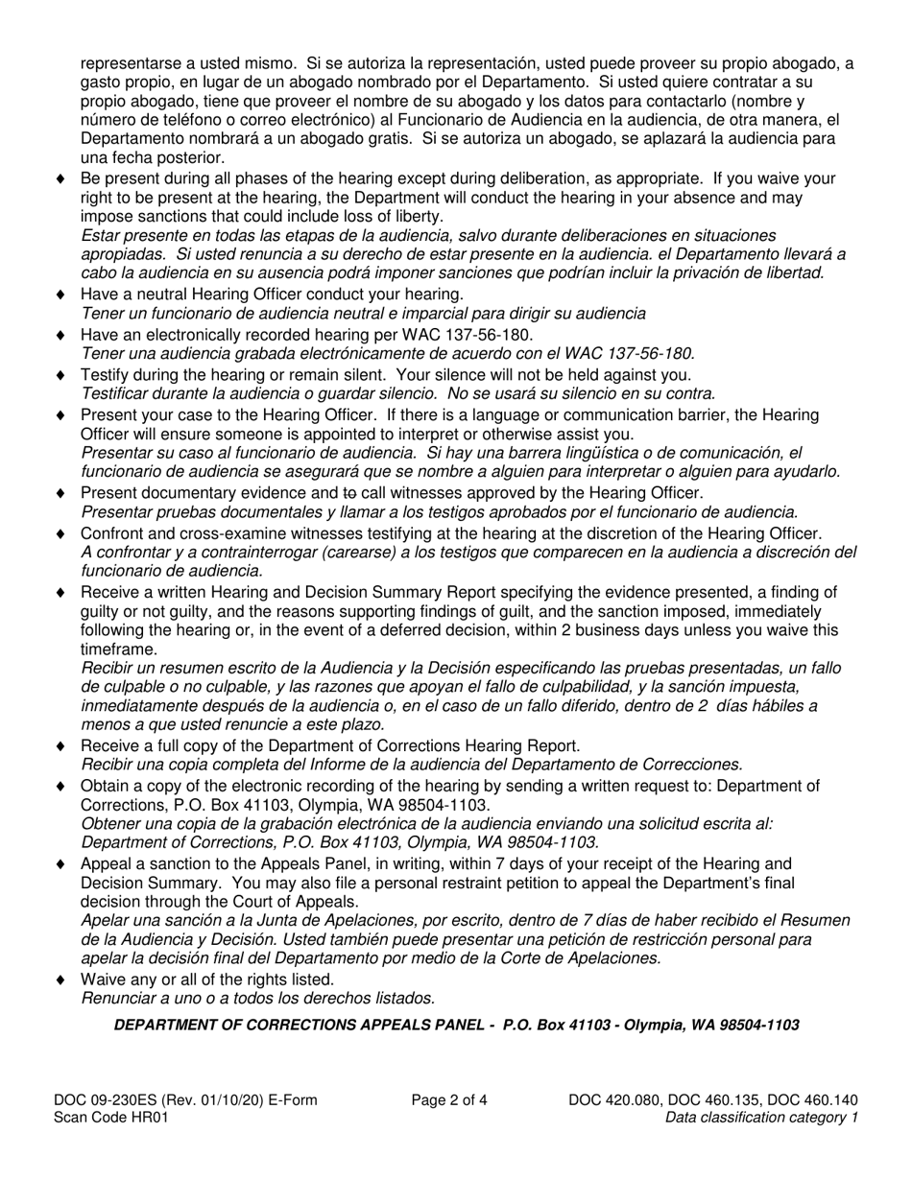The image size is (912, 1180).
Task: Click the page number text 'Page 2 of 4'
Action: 448,1100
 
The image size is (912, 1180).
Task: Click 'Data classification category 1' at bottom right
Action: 761,1117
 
